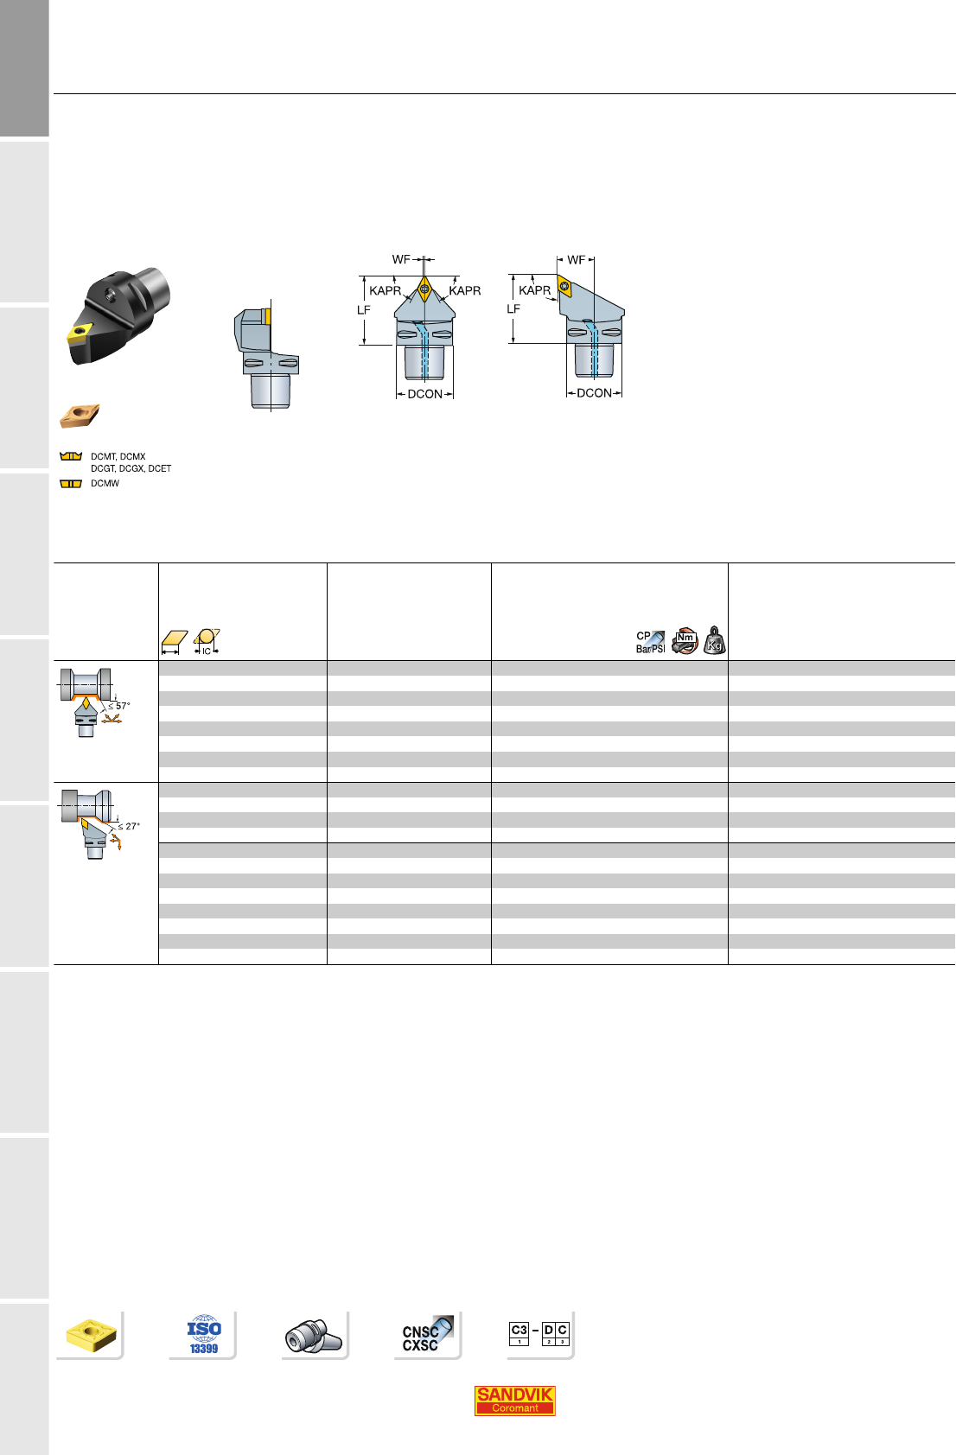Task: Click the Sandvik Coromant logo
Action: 514,1401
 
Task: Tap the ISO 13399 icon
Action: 204,1336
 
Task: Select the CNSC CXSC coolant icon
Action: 426,1336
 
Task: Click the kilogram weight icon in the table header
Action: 715,640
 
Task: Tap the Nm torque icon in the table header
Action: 685,640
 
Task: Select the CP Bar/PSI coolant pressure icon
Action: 651,642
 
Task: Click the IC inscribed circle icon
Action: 207,641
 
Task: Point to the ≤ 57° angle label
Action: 119,706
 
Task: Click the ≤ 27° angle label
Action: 129,826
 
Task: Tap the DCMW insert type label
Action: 105,484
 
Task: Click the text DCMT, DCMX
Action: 118,457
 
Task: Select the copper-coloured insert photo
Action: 80,416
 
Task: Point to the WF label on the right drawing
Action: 576,259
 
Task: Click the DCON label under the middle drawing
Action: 424,394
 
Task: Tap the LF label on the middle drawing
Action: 364,310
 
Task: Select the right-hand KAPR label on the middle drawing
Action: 465,291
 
